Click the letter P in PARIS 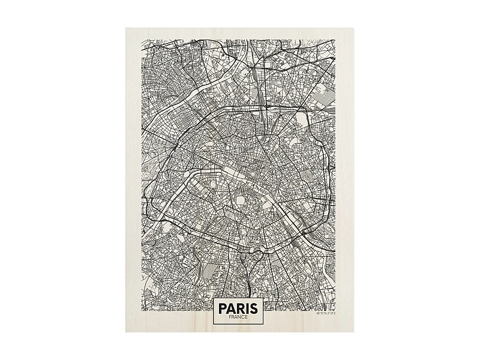pos(223,309)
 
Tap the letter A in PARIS pos(233,309)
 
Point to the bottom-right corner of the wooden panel pos(353,331)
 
